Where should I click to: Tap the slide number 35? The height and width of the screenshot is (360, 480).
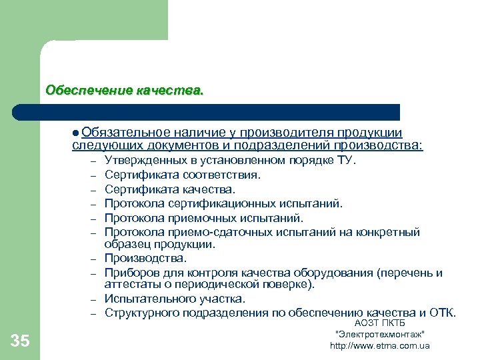coord(20,341)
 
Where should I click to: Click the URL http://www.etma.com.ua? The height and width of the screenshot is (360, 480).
coord(380,345)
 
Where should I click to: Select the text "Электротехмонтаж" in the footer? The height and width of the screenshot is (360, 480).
coord(380,334)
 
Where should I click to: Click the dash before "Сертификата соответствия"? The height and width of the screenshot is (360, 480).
coord(95,176)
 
